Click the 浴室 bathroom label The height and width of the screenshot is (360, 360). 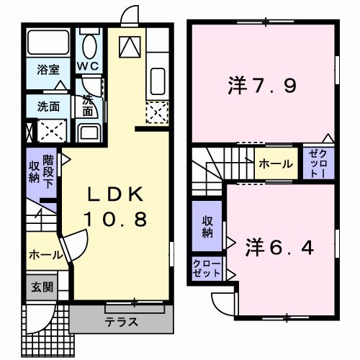coord(48,71)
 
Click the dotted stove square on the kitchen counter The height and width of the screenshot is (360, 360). coord(156,112)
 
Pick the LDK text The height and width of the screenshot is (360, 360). coord(117,196)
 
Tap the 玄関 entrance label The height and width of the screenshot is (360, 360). coord(41,286)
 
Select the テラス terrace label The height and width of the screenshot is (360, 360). coord(120,321)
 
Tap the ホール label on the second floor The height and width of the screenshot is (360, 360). coord(276,164)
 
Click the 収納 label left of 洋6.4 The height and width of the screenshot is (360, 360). coord(207,227)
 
